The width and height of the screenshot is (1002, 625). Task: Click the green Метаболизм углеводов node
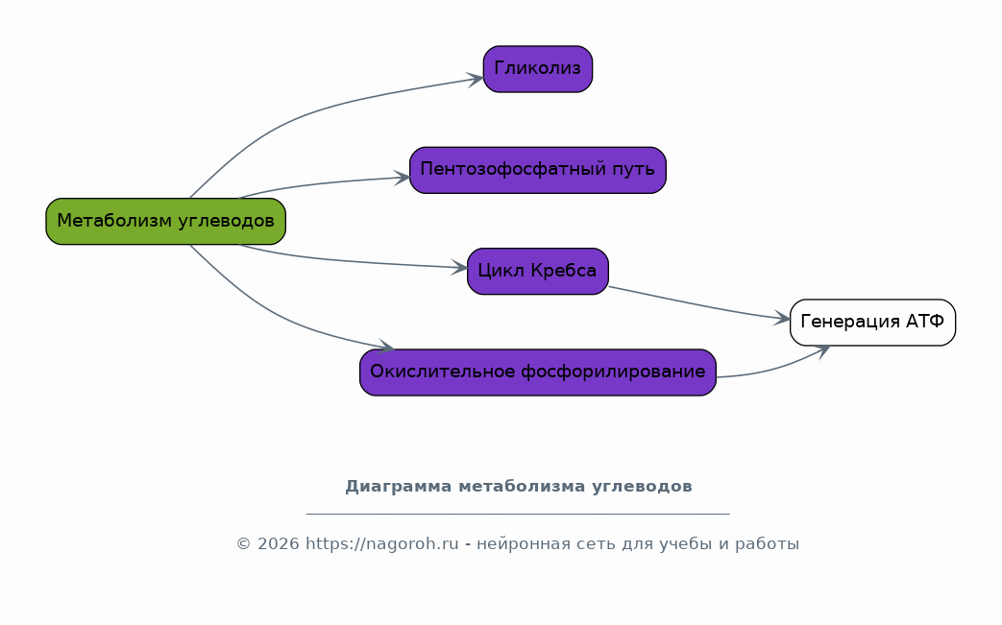(x=165, y=222)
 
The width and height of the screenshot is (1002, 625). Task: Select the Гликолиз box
(x=537, y=69)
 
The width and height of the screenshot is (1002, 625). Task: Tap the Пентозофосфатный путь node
(x=537, y=170)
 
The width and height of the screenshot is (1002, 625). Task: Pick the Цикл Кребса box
(x=537, y=272)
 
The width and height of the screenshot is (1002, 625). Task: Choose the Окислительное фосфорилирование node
(x=537, y=373)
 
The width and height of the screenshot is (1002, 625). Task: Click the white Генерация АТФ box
(x=872, y=323)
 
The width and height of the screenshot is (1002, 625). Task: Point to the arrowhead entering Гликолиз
(x=476, y=79)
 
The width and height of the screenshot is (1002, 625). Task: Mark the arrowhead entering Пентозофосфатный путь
(x=402, y=178)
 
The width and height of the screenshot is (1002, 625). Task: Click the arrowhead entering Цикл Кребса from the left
(x=459, y=268)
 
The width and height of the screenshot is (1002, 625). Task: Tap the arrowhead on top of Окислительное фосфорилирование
(x=386, y=346)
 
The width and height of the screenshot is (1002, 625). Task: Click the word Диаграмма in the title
(x=399, y=487)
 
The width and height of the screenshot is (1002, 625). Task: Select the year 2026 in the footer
(x=278, y=544)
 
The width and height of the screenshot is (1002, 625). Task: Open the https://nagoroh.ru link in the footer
(x=382, y=544)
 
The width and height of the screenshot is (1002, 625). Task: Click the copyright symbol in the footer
(x=243, y=544)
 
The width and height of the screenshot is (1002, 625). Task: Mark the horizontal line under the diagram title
(x=518, y=513)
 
